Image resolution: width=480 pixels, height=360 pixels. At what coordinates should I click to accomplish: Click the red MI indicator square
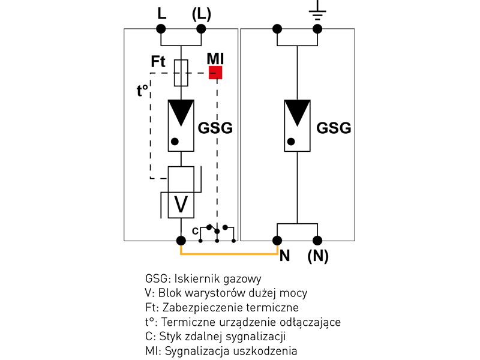coord(215,73)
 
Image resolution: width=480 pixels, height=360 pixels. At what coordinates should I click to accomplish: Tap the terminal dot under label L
coord(162,29)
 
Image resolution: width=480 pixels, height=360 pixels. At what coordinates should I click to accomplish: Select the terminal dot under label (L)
coord(202,29)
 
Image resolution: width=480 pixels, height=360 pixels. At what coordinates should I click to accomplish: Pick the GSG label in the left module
coord(215,128)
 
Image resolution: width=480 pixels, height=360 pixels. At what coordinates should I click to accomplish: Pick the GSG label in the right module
coord(334,128)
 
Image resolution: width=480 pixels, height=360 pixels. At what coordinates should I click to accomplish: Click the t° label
coord(143,91)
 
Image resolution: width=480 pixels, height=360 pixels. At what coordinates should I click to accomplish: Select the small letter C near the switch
coord(195,230)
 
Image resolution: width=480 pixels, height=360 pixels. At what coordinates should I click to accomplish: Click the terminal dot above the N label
coord(277,241)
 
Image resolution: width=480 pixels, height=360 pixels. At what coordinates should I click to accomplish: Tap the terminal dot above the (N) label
coord(317,241)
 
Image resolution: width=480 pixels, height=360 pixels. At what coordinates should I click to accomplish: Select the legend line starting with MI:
coord(221,351)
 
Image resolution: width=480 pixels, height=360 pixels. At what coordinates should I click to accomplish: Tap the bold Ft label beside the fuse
coord(158,62)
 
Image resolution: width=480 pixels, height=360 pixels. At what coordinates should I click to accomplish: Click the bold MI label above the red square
coord(215,58)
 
